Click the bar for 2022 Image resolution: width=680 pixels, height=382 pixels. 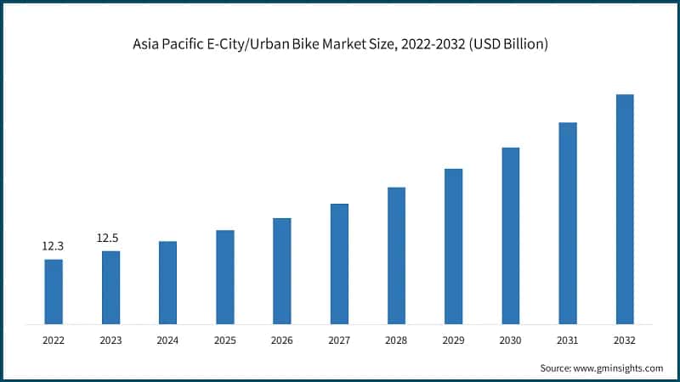54,291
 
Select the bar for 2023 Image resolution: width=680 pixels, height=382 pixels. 110,287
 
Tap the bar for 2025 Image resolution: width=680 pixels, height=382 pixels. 225,277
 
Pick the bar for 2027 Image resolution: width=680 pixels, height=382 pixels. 339,263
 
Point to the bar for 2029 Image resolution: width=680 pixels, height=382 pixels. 454,246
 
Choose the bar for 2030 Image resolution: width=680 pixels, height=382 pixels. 510,235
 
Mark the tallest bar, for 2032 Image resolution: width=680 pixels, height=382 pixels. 625,209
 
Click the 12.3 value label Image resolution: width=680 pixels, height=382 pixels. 54,246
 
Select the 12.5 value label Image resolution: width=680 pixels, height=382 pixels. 108,238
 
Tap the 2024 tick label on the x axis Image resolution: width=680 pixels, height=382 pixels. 167,340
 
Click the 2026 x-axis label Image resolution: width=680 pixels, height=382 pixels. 282,340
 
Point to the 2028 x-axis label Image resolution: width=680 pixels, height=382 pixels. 396,340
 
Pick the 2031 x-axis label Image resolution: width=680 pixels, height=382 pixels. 568,340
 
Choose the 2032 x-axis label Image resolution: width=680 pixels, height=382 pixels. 625,340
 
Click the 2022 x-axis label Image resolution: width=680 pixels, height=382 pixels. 54,340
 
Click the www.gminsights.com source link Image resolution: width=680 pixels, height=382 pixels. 620,368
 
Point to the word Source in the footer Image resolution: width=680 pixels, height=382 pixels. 558,368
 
